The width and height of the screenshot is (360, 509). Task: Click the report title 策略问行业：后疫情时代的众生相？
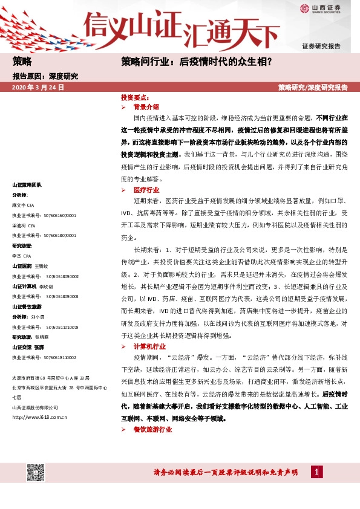pyautogui.click(x=196, y=61)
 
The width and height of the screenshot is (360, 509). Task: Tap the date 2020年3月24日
pyautogui.click(x=38, y=87)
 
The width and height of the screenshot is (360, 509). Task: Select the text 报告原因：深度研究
pyautogui.click(x=45, y=76)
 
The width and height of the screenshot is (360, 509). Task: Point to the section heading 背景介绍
pyautogui.click(x=146, y=106)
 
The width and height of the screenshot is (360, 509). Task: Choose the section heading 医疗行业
pyautogui.click(x=146, y=189)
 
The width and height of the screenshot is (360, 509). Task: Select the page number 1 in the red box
pyautogui.click(x=316, y=472)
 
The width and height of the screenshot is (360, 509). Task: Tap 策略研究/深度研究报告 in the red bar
pyautogui.click(x=313, y=87)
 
